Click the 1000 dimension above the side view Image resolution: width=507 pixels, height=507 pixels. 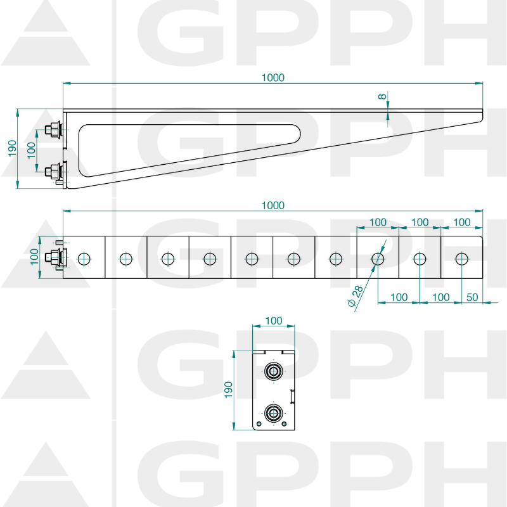point(273,78)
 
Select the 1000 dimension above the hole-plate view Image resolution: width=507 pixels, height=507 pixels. point(273,205)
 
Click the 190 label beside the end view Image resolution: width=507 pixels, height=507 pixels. point(229,390)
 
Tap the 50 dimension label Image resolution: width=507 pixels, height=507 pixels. point(472,297)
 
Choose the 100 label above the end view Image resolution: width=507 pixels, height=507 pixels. point(273,321)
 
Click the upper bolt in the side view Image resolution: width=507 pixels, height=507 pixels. point(53,130)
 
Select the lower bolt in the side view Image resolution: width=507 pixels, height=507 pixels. point(53,169)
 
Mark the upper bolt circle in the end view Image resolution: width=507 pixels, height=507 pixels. point(273,371)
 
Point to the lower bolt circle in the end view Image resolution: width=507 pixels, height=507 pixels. point(273,413)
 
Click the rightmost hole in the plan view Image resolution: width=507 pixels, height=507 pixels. point(461,259)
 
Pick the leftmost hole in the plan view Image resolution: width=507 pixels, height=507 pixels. point(84,259)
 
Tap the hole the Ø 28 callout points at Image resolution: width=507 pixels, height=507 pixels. point(378,259)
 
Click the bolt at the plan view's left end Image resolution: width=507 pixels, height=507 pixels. point(55,258)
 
